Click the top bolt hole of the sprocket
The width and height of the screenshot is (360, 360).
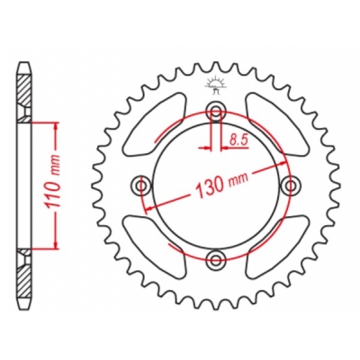(x=215, y=112)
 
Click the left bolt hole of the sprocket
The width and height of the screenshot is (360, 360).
(x=141, y=186)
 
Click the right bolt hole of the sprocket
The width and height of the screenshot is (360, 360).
(x=290, y=186)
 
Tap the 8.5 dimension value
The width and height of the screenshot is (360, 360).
(x=238, y=139)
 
